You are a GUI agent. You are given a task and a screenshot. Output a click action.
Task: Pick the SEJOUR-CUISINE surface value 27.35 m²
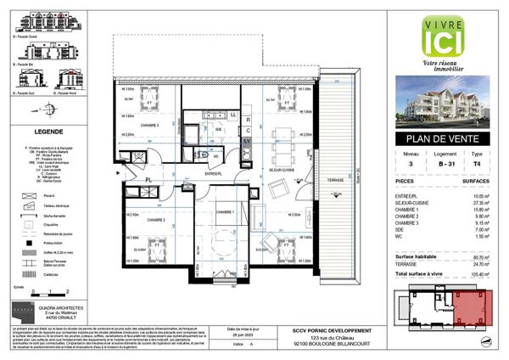(x=483, y=203)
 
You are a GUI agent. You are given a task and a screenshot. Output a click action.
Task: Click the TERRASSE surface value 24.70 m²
(x=483, y=264)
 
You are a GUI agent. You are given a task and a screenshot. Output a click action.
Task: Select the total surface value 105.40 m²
(x=482, y=275)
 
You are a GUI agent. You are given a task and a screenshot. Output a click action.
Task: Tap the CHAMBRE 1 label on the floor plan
(x=224, y=212)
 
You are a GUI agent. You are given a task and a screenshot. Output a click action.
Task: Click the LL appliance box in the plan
(x=232, y=113)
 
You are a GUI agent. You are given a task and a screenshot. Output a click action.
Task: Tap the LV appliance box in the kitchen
(x=248, y=140)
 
